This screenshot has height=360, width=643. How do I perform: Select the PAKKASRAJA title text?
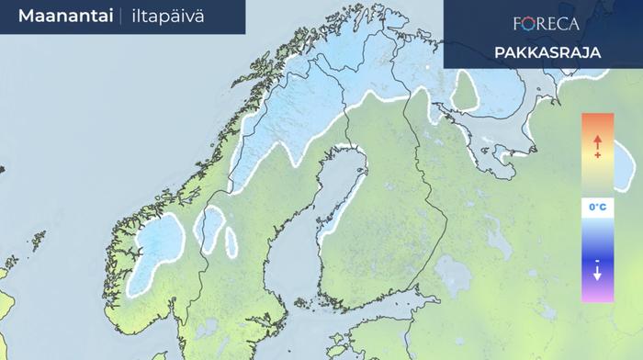pos(547,52)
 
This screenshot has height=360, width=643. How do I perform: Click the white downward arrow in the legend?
pos(597,273)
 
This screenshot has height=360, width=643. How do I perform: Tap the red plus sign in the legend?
pos(597,156)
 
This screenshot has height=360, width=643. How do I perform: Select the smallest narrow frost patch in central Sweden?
pos(231,241)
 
